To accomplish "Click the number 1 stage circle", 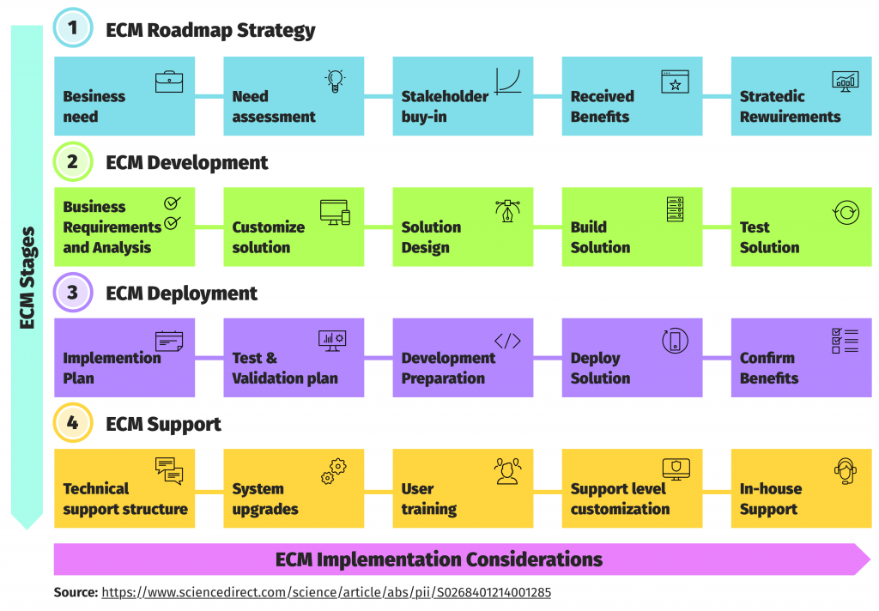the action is pyautogui.click(x=73, y=27).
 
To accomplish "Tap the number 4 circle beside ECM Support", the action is pyautogui.click(x=73, y=423).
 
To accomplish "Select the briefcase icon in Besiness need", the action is pyautogui.click(x=169, y=82).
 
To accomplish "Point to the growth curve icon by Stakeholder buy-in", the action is pyautogui.click(x=508, y=81).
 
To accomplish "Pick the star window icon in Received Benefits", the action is pyautogui.click(x=675, y=82).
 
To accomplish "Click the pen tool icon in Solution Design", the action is pyautogui.click(x=507, y=211).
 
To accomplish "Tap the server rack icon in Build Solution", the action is pyautogui.click(x=675, y=209).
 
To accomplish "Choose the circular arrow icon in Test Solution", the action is pyautogui.click(x=846, y=213).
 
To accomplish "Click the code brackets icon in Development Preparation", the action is pyautogui.click(x=507, y=341).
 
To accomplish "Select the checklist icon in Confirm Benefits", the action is pyautogui.click(x=845, y=341).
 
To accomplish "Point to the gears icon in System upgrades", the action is pyautogui.click(x=334, y=471).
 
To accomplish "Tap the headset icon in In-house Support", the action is pyautogui.click(x=846, y=471).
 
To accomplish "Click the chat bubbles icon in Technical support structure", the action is pyautogui.click(x=169, y=471).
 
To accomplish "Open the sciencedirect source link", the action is pyautogui.click(x=326, y=592).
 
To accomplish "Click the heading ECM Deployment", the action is pyautogui.click(x=182, y=293).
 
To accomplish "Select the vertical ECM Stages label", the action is pyautogui.click(x=27, y=277).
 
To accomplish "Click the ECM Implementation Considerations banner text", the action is pyautogui.click(x=439, y=560).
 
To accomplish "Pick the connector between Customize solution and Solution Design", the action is pyautogui.click(x=379, y=227).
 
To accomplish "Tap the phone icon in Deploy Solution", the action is pyautogui.click(x=675, y=341).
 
